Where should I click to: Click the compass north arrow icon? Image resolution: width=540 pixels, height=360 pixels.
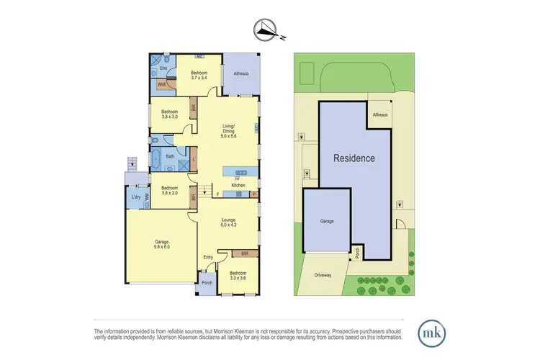coord(266,30)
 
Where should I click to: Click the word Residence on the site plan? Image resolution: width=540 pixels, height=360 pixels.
coord(353,158)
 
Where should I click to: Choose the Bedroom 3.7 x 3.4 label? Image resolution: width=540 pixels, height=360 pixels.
coord(199,75)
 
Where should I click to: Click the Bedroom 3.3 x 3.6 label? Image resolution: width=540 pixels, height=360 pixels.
coord(238,276)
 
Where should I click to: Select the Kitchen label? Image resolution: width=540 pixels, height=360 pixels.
coord(238,186)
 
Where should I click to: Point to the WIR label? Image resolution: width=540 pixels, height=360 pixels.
coord(162,84)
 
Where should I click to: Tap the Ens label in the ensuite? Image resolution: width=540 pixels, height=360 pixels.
coord(163,68)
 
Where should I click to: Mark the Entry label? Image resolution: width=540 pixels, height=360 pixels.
coord(209,258)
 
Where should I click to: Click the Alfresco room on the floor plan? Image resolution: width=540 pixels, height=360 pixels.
coord(239,73)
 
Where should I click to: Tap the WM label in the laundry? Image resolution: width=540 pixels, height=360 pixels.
coord(146,196)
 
